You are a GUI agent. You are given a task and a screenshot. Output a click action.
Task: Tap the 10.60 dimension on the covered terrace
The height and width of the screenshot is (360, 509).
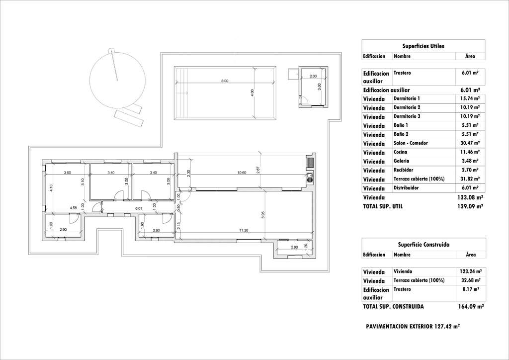click(x=242, y=173)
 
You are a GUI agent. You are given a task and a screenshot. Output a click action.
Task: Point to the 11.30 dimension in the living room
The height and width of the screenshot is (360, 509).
click(x=243, y=230)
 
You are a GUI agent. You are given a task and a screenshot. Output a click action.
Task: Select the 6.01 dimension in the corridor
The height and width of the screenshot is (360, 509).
click(x=139, y=208)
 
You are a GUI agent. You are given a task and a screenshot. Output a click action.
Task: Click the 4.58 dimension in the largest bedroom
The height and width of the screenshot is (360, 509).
click(x=73, y=208)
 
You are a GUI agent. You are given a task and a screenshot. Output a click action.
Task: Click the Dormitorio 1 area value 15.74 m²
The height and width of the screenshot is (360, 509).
click(x=469, y=99)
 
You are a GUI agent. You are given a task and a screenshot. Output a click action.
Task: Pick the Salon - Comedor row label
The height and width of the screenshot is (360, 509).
click(x=411, y=143)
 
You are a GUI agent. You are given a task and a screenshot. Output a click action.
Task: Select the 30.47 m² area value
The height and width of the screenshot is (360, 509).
click(x=469, y=143)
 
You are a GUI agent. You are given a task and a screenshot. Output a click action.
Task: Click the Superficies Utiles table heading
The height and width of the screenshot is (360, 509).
click(x=423, y=46)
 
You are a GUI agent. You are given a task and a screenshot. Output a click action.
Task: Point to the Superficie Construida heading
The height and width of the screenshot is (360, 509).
click(x=424, y=245)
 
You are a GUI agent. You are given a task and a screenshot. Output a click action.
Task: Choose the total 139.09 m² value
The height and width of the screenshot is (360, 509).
click(x=469, y=206)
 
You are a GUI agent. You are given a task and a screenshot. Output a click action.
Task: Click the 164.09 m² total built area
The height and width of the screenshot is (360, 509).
click(x=470, y=307)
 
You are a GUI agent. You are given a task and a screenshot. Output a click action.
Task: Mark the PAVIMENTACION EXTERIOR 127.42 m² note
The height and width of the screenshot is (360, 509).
click(x=413, y=327)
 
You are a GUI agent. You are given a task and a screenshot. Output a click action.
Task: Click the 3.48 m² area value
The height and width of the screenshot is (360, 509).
click(x=469, y=161)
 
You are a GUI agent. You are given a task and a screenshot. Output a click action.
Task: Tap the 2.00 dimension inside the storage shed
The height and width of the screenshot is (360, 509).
click(x=313, y=76)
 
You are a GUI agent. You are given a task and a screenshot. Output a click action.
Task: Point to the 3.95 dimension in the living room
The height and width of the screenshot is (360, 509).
click(x=263, y=215)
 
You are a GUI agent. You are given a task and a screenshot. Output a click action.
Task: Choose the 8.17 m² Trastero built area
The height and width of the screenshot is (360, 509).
click(x=470, y=289)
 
